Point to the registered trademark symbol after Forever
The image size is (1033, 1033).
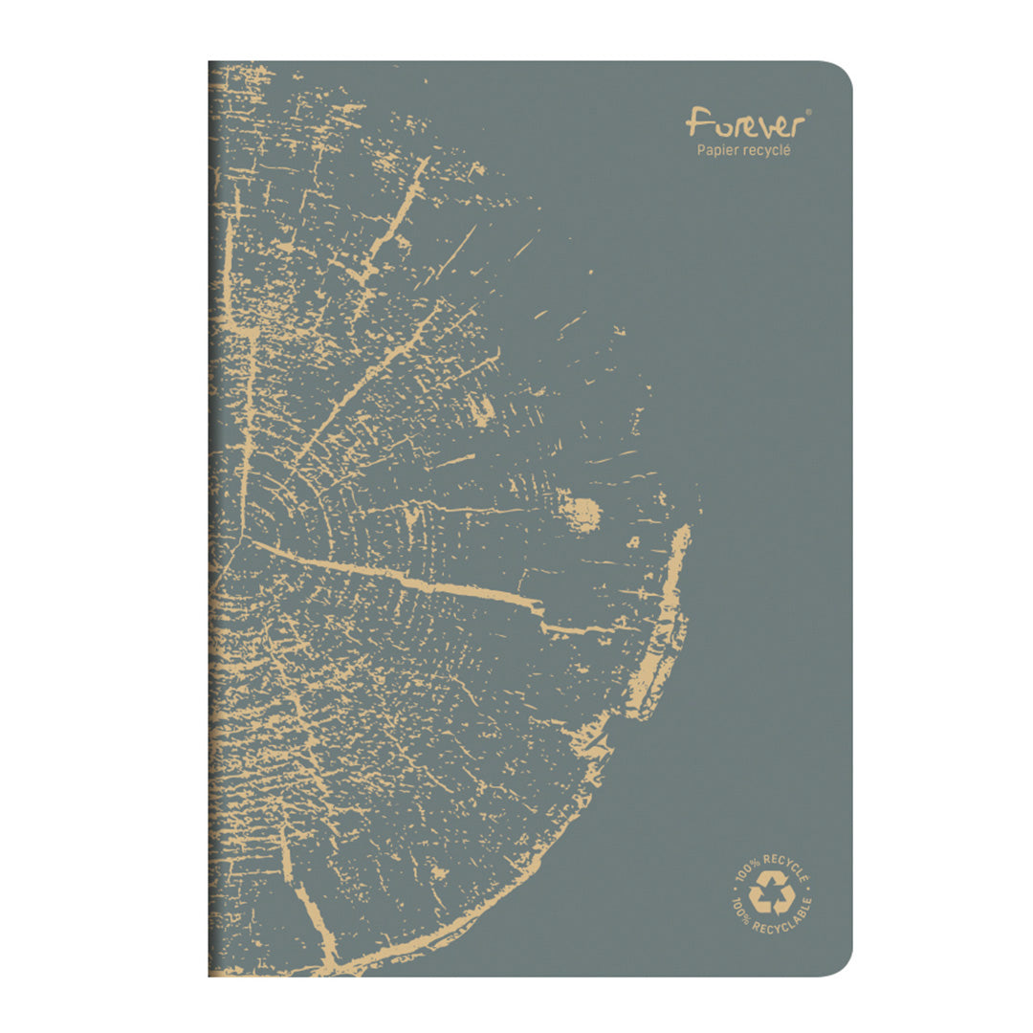tap(808, 112)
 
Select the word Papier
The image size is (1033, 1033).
tap(718, 150)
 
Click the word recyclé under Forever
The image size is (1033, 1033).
tap(767, 150)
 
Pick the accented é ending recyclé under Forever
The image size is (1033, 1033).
tap(787, 149)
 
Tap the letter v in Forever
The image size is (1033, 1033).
tap(752, 125)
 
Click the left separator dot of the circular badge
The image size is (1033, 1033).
tap(733, 891)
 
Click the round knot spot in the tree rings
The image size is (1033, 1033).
tap(580, 514)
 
